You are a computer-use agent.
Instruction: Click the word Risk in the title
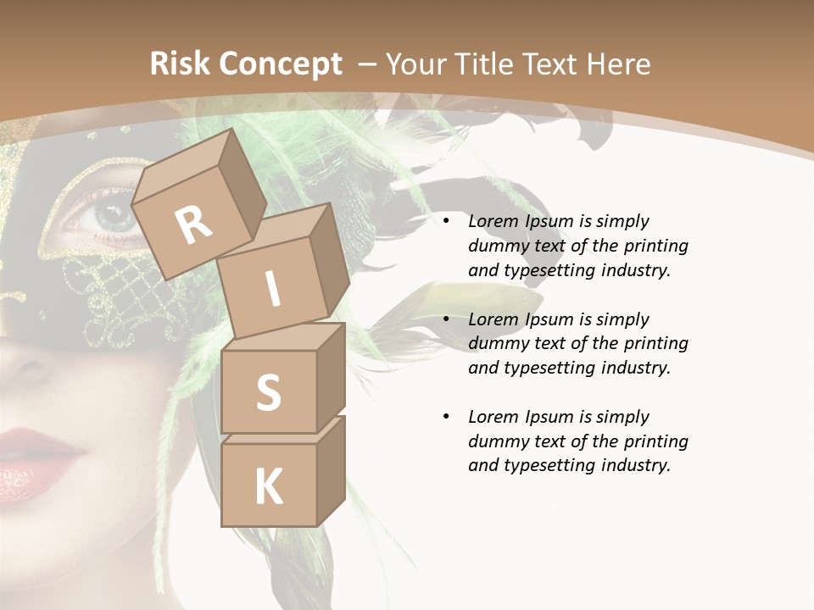[x=181, y=64]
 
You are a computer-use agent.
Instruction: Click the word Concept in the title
[x=281, y=65]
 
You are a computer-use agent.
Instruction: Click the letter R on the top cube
[x=193, y=225]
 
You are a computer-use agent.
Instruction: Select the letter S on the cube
[x=268, y=393]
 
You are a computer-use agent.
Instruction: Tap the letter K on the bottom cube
[x=268, y=487]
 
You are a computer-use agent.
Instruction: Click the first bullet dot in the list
[x=446, y=222]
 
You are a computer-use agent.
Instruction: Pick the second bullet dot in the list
[x=446, y=319]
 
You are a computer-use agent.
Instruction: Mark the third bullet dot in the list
[x=446, y=417]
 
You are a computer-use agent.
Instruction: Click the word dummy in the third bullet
[x=499, y=441]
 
